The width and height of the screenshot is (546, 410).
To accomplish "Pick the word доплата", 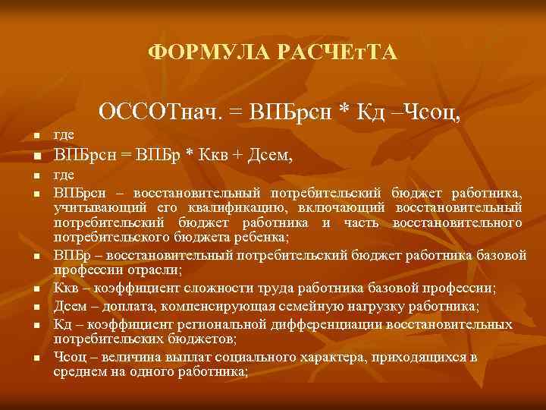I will point(124,307).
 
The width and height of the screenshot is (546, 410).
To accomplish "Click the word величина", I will point(128,357).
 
